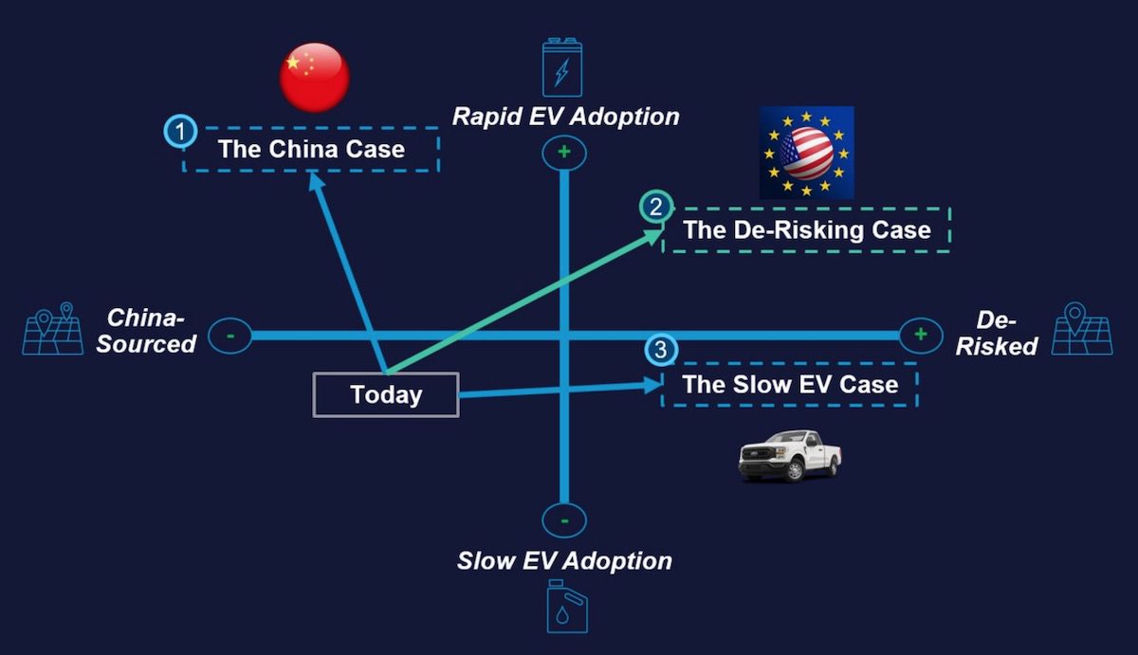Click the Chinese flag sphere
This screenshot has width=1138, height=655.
coord(315,77)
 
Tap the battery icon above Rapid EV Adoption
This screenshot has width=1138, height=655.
coord(562,67)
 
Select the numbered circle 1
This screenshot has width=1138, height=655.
coord(180,132)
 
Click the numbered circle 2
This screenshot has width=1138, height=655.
coord(656,208)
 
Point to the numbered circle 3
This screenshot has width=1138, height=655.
coord(661,350)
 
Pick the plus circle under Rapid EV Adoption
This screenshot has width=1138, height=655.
coord(564,153)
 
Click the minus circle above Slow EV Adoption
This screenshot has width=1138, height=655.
coord(564,520)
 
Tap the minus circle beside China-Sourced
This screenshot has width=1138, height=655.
coord(230,336)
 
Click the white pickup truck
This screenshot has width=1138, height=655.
coord(789,456)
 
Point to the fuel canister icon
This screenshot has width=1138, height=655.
coord(566,607)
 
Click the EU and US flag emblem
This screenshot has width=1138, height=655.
coord(807,153)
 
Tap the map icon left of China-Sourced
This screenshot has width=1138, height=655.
coord(53,329)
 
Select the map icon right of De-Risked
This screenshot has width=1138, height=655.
coord(1082,329)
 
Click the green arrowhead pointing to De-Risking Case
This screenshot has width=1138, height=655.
coord(653,236)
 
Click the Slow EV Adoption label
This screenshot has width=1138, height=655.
coord(564,561)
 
